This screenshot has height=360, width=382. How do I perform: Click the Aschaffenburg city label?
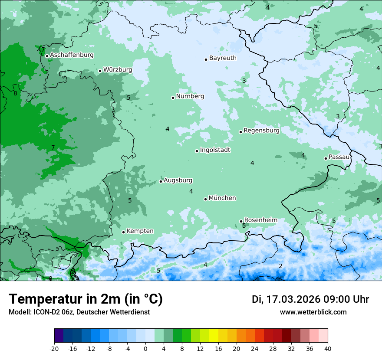[72, 55]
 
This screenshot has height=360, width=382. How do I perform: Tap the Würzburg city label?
[118, 70]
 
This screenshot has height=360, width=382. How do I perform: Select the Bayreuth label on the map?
[223, 58]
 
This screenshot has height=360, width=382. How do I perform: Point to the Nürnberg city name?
[190, 96]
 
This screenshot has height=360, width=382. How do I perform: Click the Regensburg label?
[261, 131]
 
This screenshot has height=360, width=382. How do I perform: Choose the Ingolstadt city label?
[215, 150]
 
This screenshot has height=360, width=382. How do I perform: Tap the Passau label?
[339, 157]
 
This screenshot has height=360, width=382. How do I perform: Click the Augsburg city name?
[178, 180]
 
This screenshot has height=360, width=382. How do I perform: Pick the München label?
[222, 198]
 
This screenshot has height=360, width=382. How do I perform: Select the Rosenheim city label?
[260, 220]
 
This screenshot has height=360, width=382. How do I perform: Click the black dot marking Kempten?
[123, 232]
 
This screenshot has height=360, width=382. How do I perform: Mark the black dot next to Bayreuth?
[206, 59]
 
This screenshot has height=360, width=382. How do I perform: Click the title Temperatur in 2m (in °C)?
[86, 299]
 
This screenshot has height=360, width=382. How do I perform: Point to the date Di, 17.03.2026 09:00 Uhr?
[310, 299]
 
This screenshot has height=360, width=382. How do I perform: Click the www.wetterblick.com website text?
[313, 312]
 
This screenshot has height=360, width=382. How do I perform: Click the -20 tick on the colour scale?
[54, 348]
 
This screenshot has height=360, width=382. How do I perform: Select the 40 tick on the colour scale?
[328, 348]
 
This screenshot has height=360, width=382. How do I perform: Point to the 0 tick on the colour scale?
[145, 348]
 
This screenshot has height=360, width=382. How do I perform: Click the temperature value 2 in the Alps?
[280, 266]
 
